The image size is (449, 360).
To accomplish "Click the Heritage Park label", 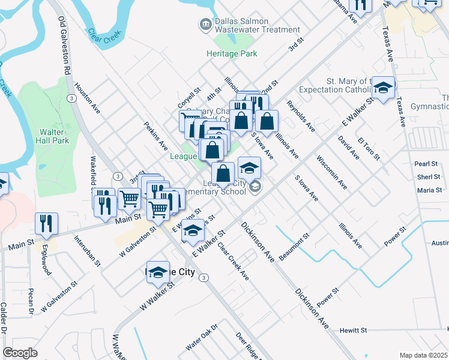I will coord(232,53).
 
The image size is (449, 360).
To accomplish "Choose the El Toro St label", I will coord(369,148).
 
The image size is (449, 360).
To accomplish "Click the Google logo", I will coord(20,353).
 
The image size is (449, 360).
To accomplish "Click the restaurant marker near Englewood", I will coord(46,223).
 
